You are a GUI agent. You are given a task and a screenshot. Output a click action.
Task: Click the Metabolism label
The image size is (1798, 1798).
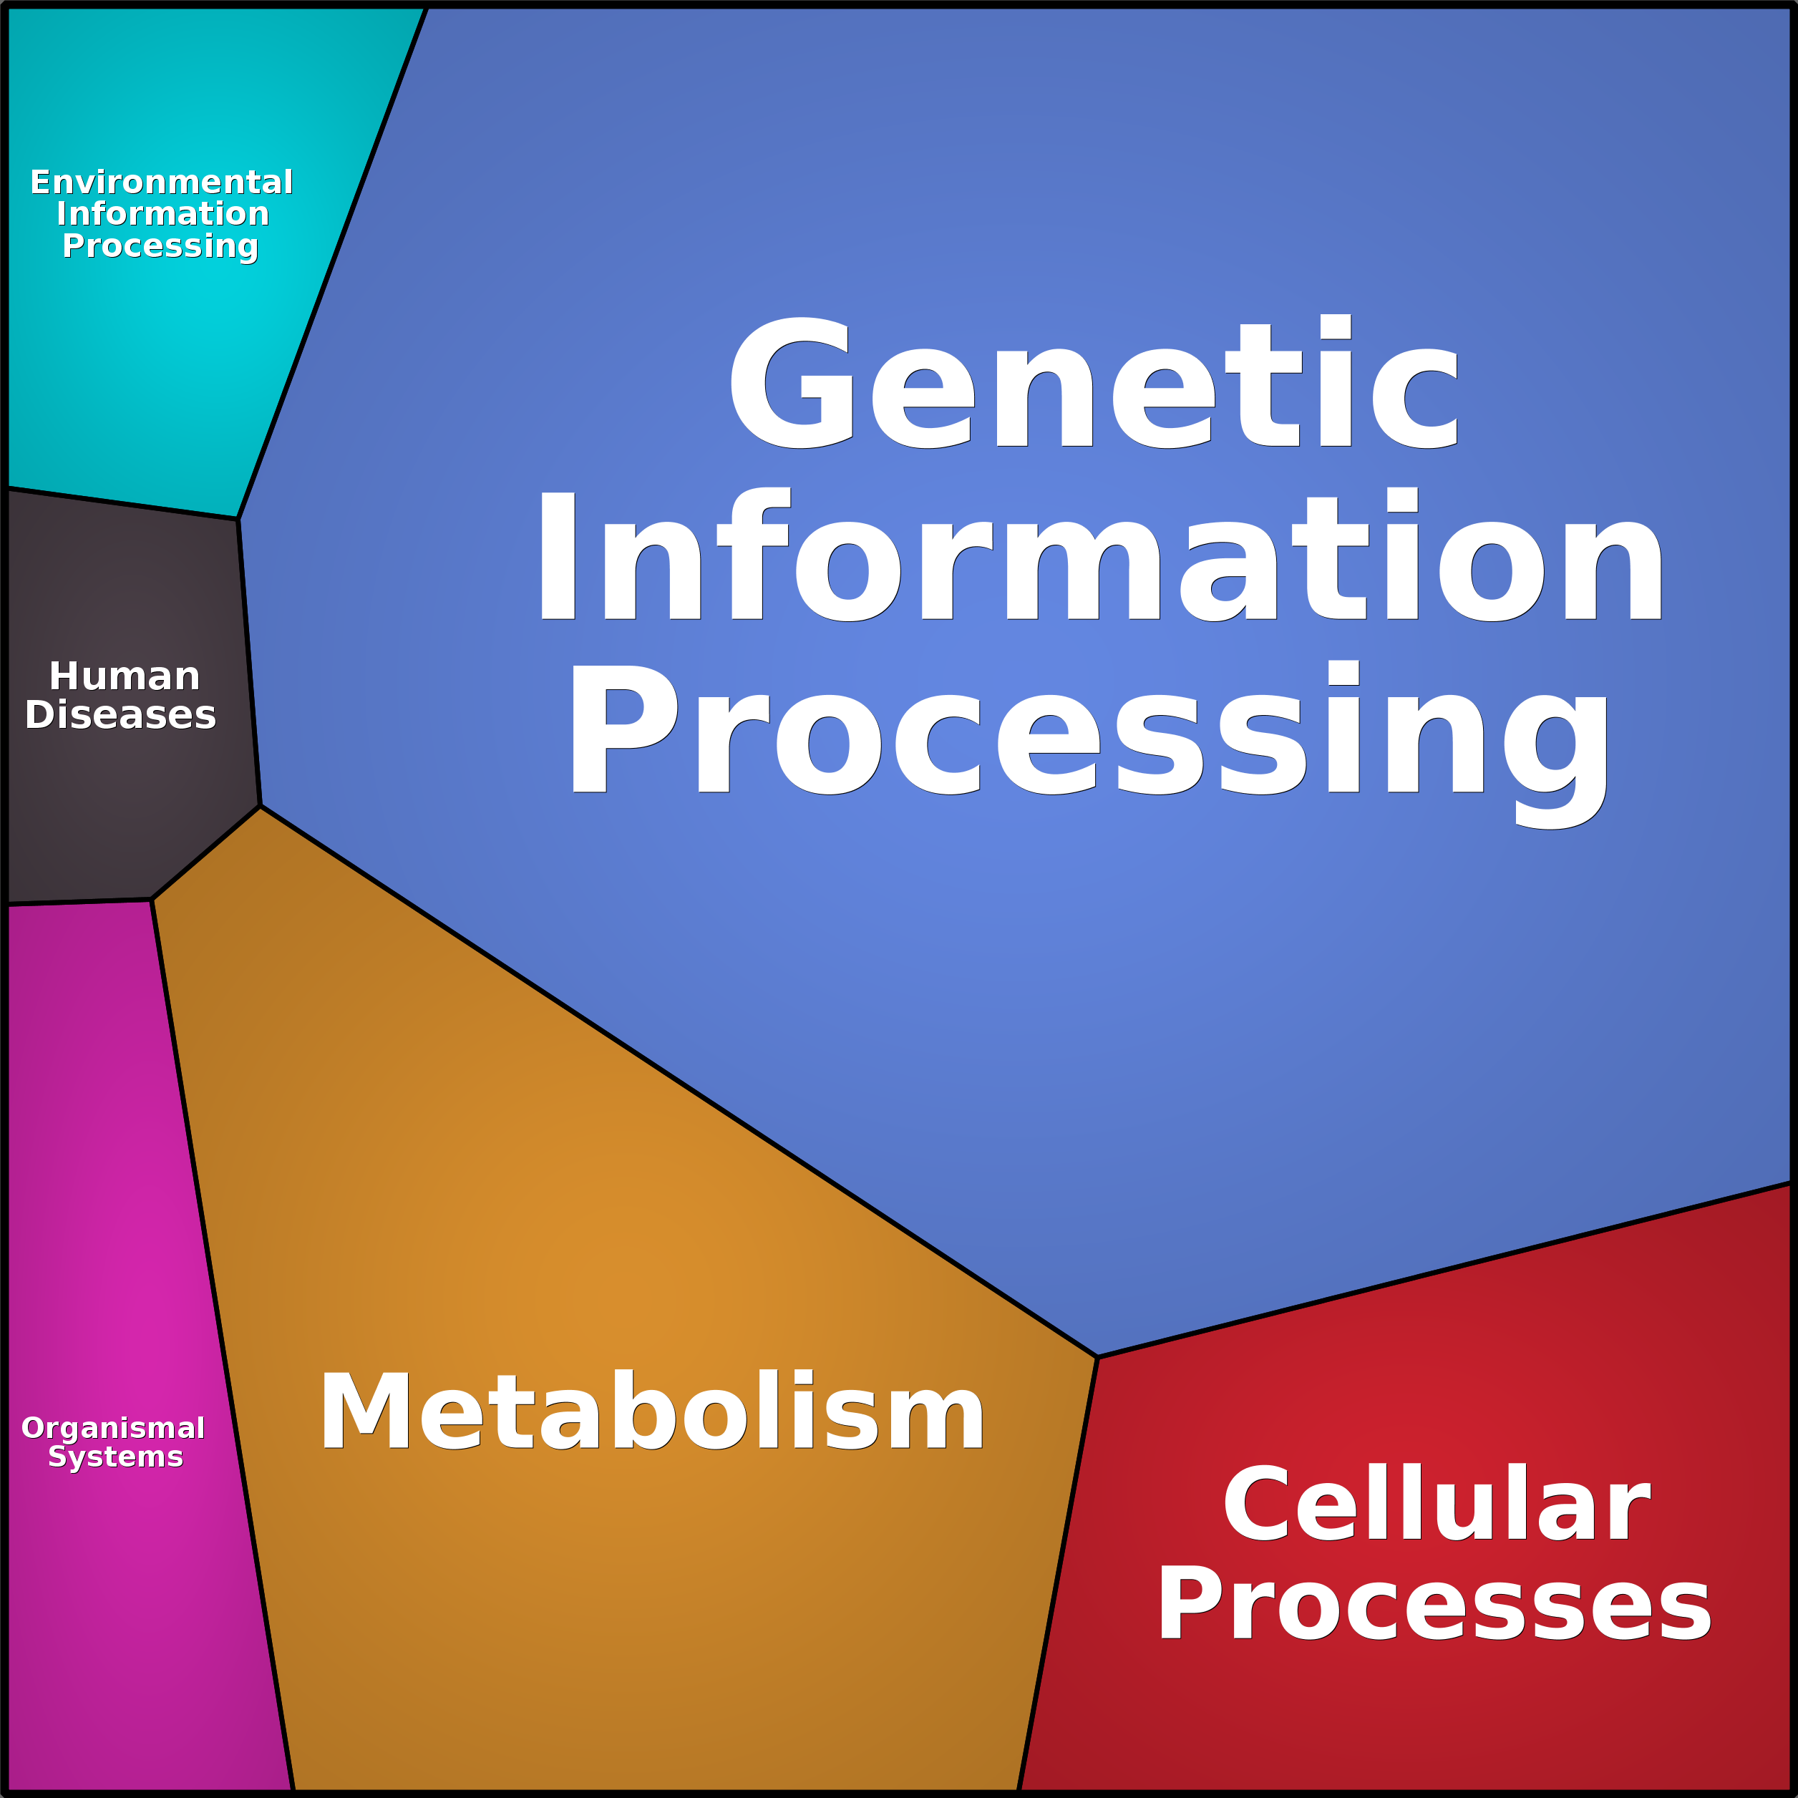[651, 1411]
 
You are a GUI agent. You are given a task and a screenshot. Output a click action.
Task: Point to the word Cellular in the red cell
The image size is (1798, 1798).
[1436, 1504]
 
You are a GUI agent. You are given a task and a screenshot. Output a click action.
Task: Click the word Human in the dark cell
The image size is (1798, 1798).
[125, 676]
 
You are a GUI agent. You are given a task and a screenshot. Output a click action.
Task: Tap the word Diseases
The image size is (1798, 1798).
[120, 715]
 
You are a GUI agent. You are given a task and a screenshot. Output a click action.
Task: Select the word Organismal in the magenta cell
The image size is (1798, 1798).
[112, 1428]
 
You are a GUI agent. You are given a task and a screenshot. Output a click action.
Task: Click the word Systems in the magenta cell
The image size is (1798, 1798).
[115, 1457]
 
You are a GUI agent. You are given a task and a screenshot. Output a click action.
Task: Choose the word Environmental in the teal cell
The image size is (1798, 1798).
[161, 183]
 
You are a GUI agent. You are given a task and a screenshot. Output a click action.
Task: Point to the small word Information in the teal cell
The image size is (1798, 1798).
[163, 214]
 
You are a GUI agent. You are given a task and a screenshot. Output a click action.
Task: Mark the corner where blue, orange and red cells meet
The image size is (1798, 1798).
[1098, 1358]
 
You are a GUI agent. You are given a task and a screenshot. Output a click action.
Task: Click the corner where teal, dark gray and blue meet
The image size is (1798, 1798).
[238, 518]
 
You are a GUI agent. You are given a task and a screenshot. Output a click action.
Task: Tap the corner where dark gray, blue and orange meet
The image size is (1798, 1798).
[261, 806]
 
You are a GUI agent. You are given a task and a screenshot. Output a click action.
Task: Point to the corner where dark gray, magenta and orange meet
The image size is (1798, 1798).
[152, 900]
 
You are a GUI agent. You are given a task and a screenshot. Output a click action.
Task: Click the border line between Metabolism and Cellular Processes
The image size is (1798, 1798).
[1058, 1573]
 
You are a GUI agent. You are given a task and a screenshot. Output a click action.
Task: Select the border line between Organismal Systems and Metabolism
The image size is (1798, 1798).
[223, 1345]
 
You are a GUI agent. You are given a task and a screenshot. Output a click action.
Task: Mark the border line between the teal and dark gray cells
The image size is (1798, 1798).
[121, 503]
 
